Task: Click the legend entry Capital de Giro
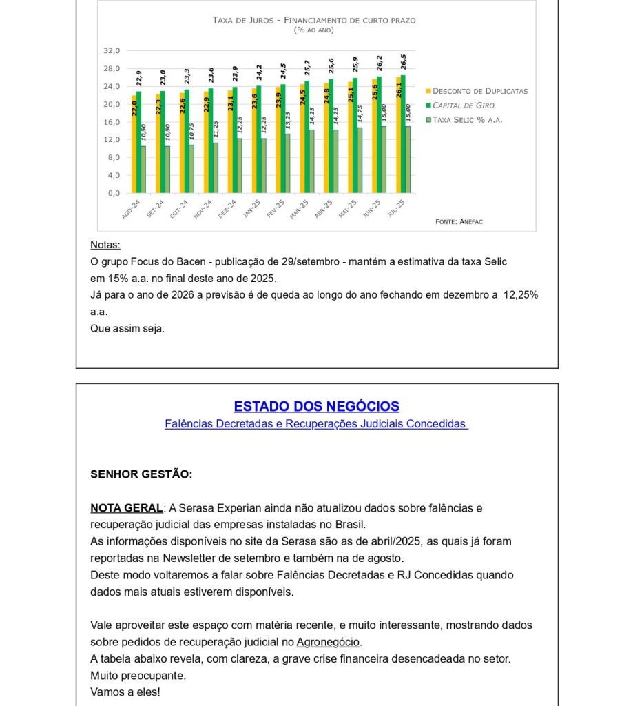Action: (463, 105)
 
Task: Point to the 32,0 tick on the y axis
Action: (112, 51)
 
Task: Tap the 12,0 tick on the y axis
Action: (112, 140)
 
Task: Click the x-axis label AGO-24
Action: (131, 209)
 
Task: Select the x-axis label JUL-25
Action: (396, 209)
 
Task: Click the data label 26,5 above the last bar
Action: (404, 61)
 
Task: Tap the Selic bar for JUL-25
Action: (408, 159)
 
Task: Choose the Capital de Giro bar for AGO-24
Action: (138, 142)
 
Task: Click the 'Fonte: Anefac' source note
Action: (459, 221)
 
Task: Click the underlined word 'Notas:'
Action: (105, 245)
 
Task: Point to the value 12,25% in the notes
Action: (521, 295)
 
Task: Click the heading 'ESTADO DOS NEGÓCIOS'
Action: (316, 407)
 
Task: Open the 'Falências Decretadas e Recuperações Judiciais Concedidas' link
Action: (316, 424)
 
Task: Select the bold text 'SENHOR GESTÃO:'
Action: (141, 474)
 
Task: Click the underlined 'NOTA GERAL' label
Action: (127, 508)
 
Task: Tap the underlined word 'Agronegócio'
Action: (328, 642)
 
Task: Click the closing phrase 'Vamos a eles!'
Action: (125, 692)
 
